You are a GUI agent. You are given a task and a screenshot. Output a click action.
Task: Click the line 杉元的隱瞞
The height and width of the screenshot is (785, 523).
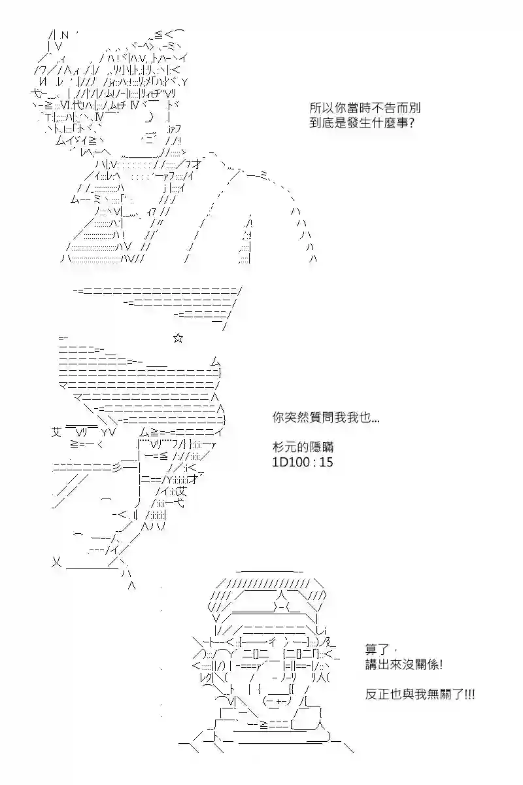point(303,447)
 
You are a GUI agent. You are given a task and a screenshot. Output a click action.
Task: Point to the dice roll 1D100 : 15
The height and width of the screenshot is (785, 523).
point(303,462)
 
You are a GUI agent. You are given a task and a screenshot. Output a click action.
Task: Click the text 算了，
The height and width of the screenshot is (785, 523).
point(377,650)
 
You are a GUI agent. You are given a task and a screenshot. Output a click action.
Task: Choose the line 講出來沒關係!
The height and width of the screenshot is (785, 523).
point(403,665)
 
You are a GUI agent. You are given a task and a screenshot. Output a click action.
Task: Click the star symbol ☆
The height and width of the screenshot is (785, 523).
point(178,338)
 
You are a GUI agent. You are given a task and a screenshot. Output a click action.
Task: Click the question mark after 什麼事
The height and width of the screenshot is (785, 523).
point(411,123)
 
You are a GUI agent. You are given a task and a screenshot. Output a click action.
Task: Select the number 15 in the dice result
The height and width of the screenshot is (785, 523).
point(326,462)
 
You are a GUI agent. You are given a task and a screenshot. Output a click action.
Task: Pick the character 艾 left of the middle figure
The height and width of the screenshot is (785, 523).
point(57,431)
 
